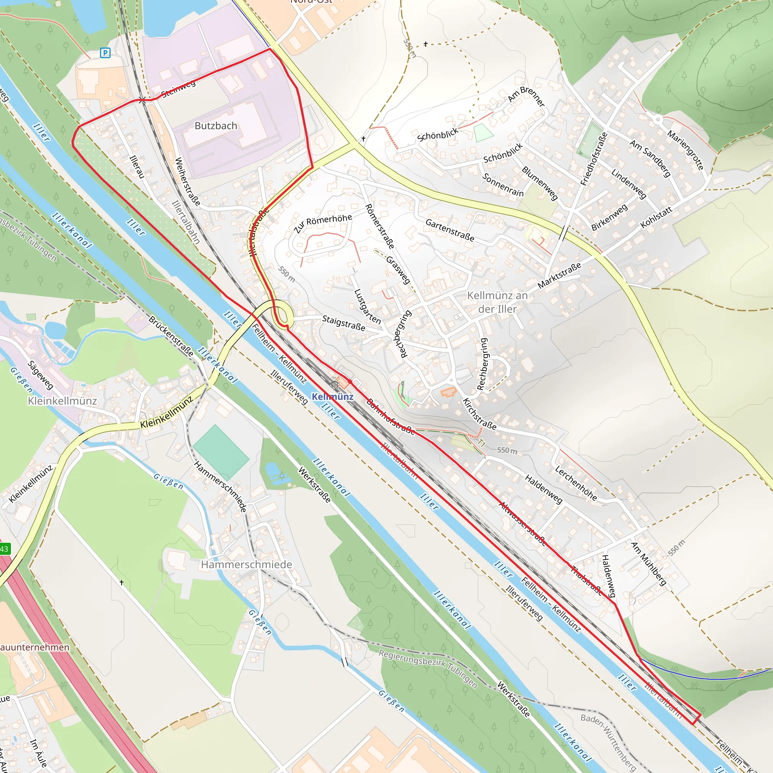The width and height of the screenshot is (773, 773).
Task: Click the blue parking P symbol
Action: coord(105,52)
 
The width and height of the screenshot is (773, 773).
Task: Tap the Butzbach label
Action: coord(216,126)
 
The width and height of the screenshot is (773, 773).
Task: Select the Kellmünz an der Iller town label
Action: coord(497,302)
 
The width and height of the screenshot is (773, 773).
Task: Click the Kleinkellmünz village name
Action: coord(62,400)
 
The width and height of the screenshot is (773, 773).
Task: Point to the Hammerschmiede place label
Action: coord(246,564)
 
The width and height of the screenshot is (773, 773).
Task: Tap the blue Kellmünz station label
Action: coord(333,397)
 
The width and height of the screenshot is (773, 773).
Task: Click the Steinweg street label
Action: coord(179,88)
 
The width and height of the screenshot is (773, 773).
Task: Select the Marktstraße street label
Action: coord(559,276)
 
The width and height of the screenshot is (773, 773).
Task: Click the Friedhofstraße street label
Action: coord(594,159)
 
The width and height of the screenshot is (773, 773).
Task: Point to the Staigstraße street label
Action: coord(343,323)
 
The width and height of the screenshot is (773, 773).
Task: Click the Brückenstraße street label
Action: coord(171,336)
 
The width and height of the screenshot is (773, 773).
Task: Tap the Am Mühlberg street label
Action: coord(648,564)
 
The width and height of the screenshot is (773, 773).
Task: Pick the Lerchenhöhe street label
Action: coord(576,483)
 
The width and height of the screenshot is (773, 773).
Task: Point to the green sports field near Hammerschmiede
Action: coord(220,450)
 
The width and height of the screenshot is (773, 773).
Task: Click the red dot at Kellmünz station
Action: coord(350,382)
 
